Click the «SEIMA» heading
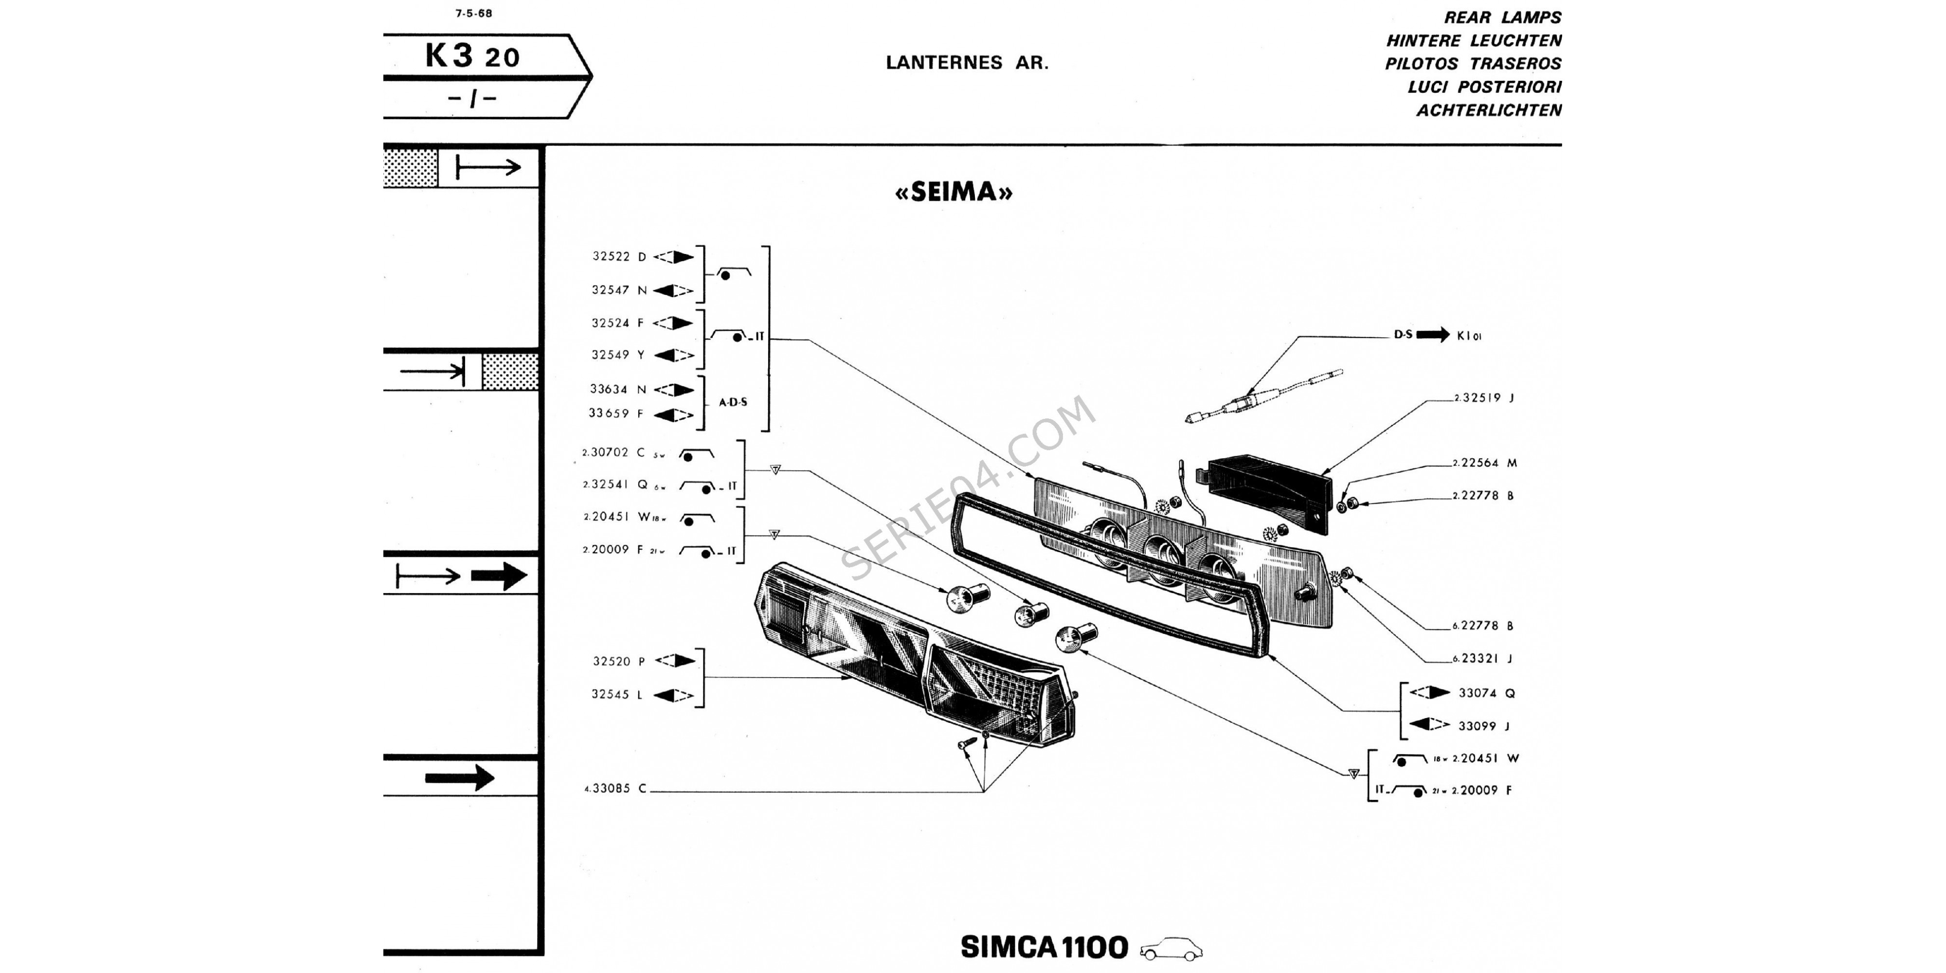point(954,192)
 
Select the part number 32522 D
point(619,257)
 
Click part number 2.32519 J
point(1484,398)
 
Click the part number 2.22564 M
point(1484,463)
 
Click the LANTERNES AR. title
point(967,63)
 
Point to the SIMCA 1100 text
point(1044,947)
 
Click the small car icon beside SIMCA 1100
point(1171,949)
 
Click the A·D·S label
point(733,403)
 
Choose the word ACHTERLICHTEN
point(1488,110)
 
